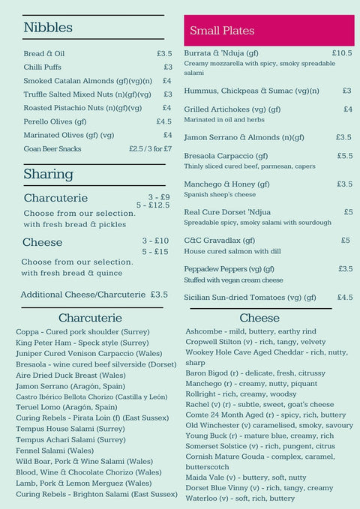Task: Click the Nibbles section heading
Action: (48, 28)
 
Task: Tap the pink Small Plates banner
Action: (268, 31)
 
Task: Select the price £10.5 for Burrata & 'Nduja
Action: (341, 53)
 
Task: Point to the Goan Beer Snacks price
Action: (150, 148)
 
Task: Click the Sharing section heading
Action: (48, 174)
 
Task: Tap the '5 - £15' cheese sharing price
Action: (155, 252)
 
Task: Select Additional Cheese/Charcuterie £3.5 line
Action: (94, 295)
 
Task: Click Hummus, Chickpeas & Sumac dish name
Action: (246, 91)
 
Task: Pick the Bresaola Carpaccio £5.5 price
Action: (344, 156)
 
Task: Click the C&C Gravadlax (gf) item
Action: (220, 241)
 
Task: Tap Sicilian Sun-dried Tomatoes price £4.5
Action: (344, 297)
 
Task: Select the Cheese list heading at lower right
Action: (259, 318)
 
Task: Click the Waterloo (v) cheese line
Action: (240, 498)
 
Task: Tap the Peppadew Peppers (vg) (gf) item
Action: (229, 269)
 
